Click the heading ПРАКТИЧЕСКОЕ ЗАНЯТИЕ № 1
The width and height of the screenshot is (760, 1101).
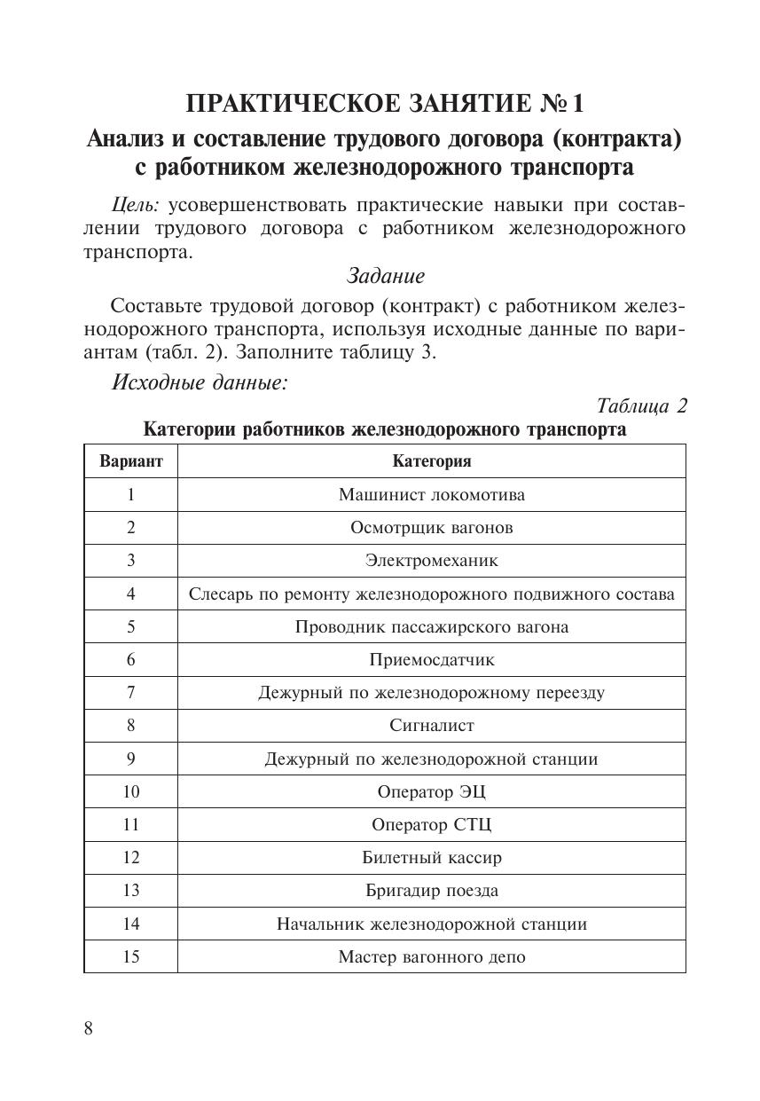pos(385,104)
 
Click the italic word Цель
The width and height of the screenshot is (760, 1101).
pos(135,205)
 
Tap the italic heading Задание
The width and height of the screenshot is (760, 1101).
pos(386,276)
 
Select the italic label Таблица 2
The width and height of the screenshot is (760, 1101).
pos(642,406)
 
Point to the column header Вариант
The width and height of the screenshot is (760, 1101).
pos(131,461)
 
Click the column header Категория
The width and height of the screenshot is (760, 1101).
pos(431,461)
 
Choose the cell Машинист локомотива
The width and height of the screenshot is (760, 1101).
pos(431,494)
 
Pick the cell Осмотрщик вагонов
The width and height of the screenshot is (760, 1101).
pos(431,527)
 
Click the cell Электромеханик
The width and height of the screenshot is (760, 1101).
pos(431,561)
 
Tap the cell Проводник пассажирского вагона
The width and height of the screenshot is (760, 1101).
pos(431,626)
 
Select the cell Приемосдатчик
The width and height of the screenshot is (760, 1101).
pos(431,659)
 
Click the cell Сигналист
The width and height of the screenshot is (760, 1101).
pos(431,725)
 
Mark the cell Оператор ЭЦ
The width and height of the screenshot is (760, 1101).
pos(431,791)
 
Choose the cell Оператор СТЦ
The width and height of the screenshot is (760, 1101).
pos(431,824)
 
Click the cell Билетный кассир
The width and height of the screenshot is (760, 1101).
pos(431,857)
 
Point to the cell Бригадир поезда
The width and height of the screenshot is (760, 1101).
pos(431,890)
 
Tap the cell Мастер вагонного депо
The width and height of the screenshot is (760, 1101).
pos(431,957)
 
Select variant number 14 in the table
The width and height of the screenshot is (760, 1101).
pos(131,924)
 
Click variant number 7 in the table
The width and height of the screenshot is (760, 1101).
pos(131,692)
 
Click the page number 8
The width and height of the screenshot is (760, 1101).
pos(89,1028)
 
